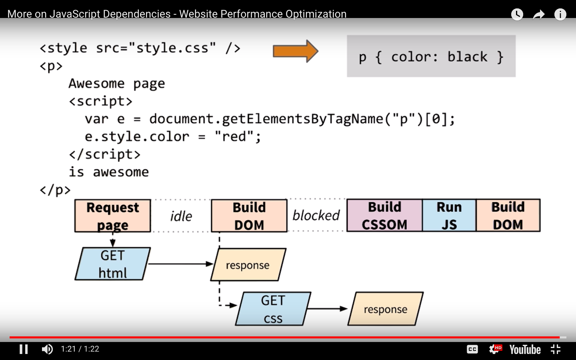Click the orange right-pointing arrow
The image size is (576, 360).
[x=295, y=51]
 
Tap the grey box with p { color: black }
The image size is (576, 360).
[x=431, y=56]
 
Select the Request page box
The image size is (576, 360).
[x=113, y=216]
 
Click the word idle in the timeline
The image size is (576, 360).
[x=181, y=216]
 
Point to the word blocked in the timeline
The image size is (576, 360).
[x=316, y=216]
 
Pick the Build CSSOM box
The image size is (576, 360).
[x=384, y=216]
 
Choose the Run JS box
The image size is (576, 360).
[x=449, y=216]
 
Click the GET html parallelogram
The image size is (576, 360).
[x=113, y=264]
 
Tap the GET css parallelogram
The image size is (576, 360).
[x=273, y=309]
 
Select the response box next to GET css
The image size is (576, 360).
[x=386, y=309]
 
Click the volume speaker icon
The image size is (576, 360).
[x=47, y=349]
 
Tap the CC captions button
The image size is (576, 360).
[x=472, y=349]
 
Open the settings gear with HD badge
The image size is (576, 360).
[x=495, y=349]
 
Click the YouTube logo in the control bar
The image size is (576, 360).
[x=525, y=350]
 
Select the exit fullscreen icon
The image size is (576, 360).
[x=556, y=349]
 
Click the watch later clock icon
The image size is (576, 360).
[x=517, y=15]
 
